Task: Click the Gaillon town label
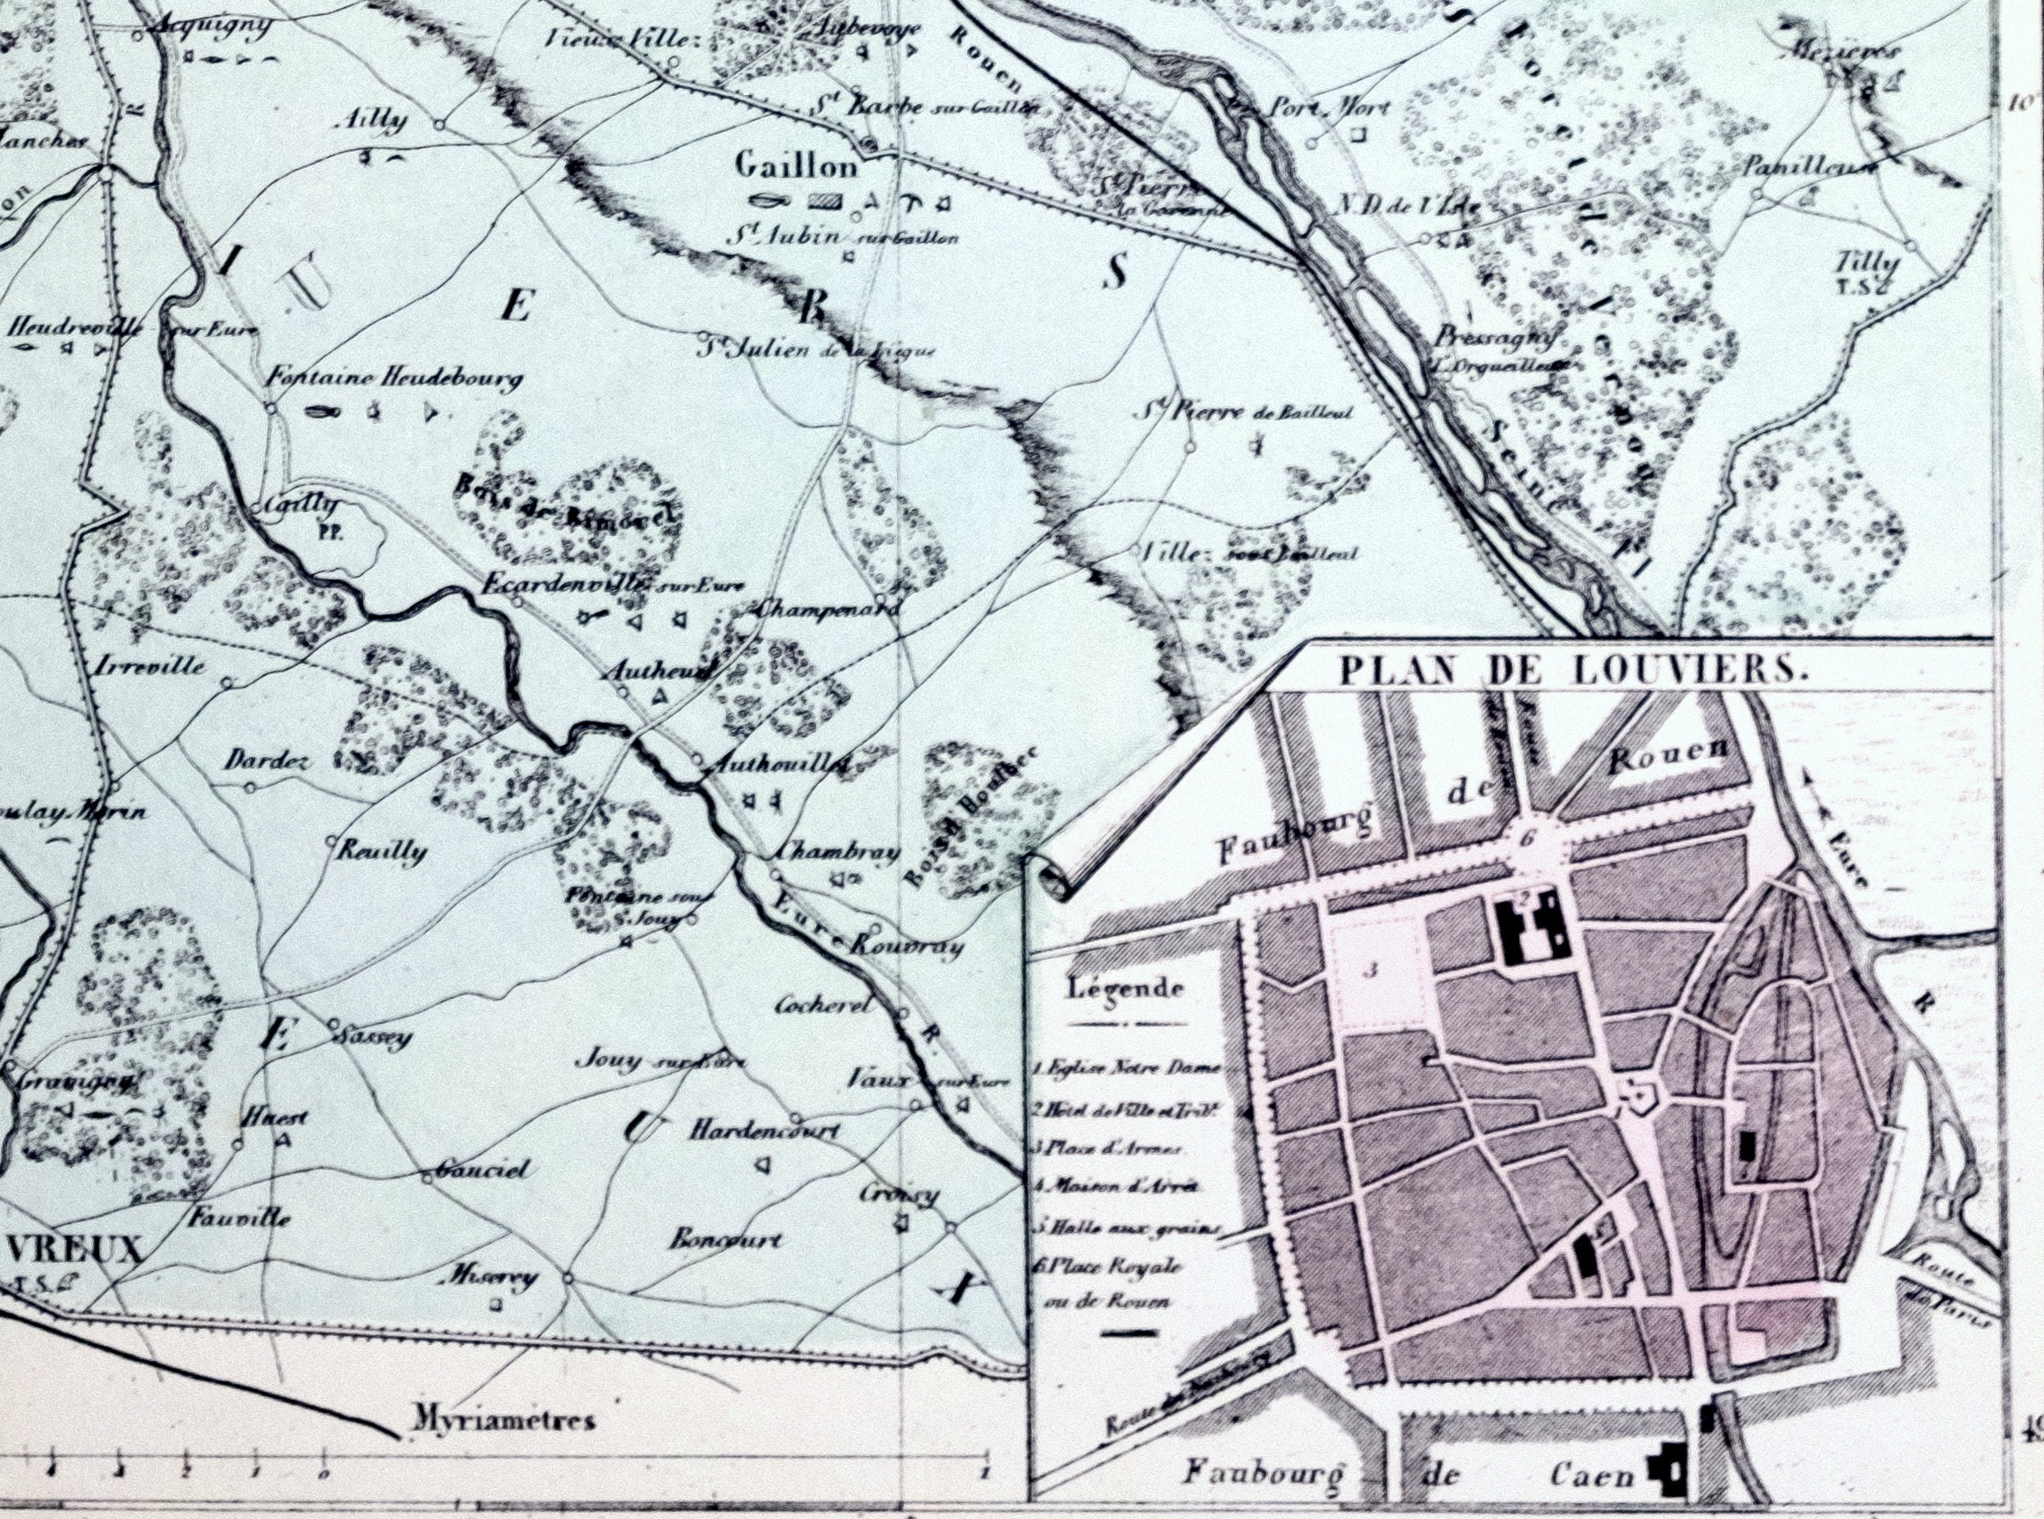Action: click(797, 166)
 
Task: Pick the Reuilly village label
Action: click(381, 850)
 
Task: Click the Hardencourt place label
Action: click(764, 1130)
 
